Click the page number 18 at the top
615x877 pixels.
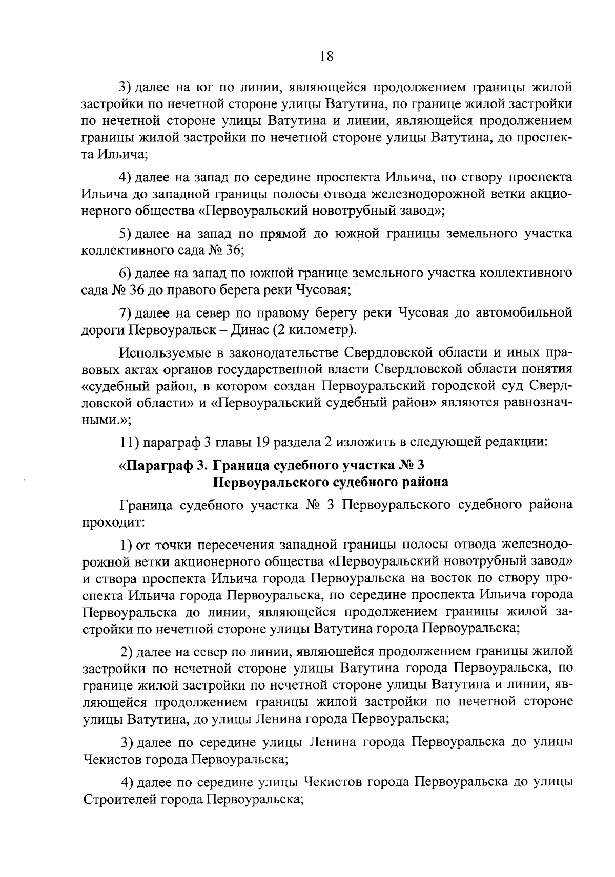326,56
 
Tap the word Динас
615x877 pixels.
246,330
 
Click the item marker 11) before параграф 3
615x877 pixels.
128,441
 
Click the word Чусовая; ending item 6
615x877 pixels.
321,290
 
